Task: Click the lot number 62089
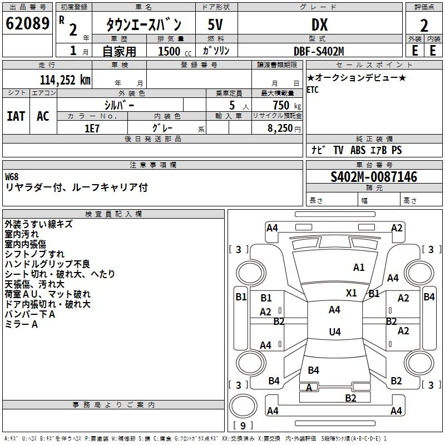[27, 24]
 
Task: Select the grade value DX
[319, 24]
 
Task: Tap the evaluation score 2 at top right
[424, 25]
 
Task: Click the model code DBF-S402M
[319, 51]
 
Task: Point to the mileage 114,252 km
[65, 80]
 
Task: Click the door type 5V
[216, 24]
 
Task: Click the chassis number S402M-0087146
[373, 177]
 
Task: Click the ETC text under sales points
[313, 90]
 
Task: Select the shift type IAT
[16, 116]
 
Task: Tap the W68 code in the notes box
[12, 177]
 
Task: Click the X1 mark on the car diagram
[352, 293]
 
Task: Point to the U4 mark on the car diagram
[334, 332]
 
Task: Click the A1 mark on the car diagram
[359, 268]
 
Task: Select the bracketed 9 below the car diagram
[243, 426]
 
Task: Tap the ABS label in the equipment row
[358, 150]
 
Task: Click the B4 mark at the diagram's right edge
[429, 297]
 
